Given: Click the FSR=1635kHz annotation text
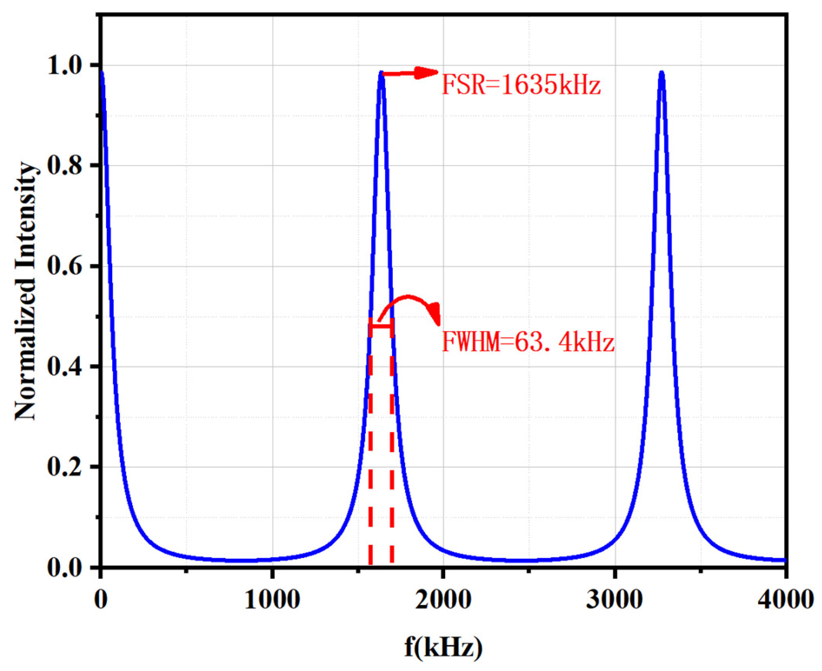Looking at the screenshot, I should pyautogui.click(x=521, y=85).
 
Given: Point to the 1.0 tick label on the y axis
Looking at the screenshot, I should pyautogui.click(x=65, y=65).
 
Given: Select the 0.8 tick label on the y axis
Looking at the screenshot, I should pyautogui.click(x=65, y=166).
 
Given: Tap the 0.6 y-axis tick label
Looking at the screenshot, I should pyautogui.click(x=65, y=266).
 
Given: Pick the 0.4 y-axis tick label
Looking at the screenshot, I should pyautogui.click(x=65, y=366).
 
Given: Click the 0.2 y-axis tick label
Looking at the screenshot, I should pyautogui.click(x=65, y=467).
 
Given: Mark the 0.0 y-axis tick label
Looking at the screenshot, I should pyautogui.click(x=65, y=568).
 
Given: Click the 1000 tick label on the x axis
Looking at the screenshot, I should pyautogui.click(x=272, y=600).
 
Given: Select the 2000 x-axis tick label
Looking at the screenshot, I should pyautogui.click(x=443, y=600).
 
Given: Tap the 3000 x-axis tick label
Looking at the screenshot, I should pyautogui.click(x=614, y=600).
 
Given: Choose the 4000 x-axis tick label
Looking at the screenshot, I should pyautogui.click(x=785, y=600).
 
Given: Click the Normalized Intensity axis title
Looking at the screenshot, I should pyautogui.click(x=25, y=291).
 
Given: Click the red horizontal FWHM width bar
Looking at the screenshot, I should pyautogui.click(x=381, y=326).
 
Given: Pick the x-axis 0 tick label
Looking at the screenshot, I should pyautogui.click(x=101, y=600).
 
